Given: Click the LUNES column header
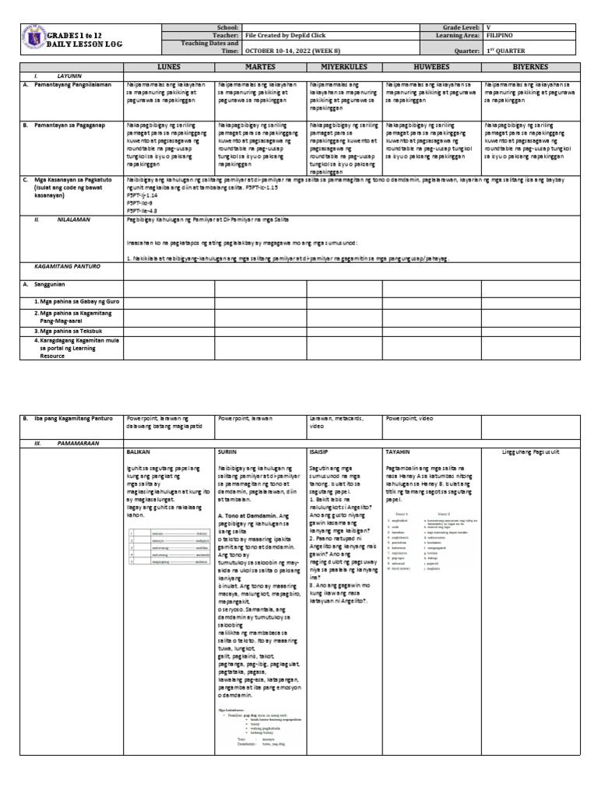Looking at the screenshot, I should tap(168, 68).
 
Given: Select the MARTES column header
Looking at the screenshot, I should tap(260, 68).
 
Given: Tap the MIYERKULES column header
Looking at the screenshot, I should tap(344, 68).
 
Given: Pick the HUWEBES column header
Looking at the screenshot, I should tap(431, 68).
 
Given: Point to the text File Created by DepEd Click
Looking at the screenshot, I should tap(283, 36).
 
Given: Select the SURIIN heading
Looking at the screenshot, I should tap(228, 451).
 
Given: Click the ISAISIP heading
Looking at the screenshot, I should tap(322, 451).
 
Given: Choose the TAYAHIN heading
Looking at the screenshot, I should tap(399, 451).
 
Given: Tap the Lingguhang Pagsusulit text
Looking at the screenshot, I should tap(536, 451).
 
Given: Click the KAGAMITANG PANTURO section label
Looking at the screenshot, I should tap(53, 265).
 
